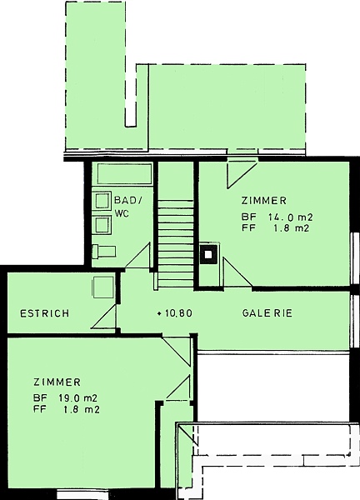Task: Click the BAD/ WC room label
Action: coord(128,207)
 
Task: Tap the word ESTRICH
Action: coord(45,313)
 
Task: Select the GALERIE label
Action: coord(267,313)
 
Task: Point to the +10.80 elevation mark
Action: coord(175,313)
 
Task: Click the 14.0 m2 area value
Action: coord(291,217)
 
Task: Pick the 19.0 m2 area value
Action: coord(77,398)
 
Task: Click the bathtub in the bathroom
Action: coord(124,174)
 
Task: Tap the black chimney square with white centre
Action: coord(208,254)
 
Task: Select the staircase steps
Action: coord(176,243)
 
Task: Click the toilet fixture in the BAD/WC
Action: coord(104,252)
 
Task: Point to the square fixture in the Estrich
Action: coord(103,287)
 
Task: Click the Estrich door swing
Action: coord(104,317)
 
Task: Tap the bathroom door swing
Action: coord(137,255)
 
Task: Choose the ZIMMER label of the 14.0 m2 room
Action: coord(263,201)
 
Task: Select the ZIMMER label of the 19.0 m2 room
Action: coord(57,382)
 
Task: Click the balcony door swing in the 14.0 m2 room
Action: coord(242,175)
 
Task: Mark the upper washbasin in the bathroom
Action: coord(103,201)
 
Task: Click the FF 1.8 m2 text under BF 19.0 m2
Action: coord(67,409)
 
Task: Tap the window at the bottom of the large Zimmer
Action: coord(82,494)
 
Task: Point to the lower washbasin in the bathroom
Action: coord(103,225)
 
